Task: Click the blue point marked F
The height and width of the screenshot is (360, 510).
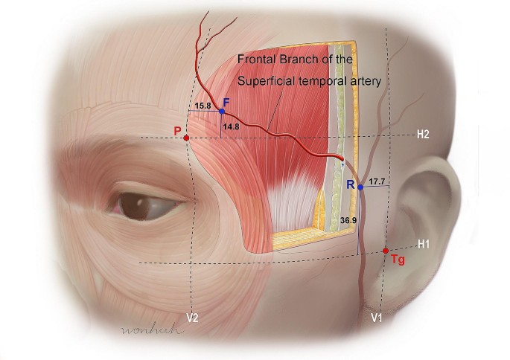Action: pos(222,111)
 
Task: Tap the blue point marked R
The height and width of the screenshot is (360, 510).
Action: pos(360,187)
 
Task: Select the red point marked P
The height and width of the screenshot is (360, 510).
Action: pos(186,138)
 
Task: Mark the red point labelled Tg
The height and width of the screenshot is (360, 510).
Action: pos(386,251)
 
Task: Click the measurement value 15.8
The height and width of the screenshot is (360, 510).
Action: pos(202,106)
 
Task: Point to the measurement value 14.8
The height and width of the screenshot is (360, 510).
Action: pos(231,127)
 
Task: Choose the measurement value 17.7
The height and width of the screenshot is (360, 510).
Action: pos(377,181)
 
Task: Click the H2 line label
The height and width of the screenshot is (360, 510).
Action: pos(423,135)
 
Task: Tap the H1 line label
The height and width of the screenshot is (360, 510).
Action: pos(423,243)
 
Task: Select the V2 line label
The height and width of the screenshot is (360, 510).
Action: pos(192,318)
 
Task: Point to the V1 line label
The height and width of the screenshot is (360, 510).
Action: pos(377,318)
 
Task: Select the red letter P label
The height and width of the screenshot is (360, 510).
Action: pos(177,131)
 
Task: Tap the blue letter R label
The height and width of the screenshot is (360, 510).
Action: pos(350,184)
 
